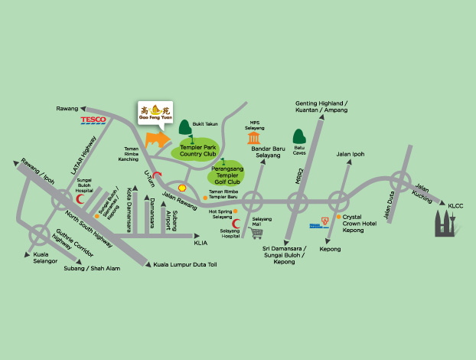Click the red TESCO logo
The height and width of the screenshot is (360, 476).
(93, 120)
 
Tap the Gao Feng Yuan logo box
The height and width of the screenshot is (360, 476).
(155, 113)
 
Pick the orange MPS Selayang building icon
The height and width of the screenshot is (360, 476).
(254, 138)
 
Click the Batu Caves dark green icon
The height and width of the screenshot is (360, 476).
(300, 137)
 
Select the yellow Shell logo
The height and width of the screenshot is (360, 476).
(182, 186)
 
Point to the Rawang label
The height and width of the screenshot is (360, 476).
(67, 109)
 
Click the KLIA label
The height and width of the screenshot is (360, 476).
(201, 242)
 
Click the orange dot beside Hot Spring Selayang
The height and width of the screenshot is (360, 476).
(237, 211)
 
